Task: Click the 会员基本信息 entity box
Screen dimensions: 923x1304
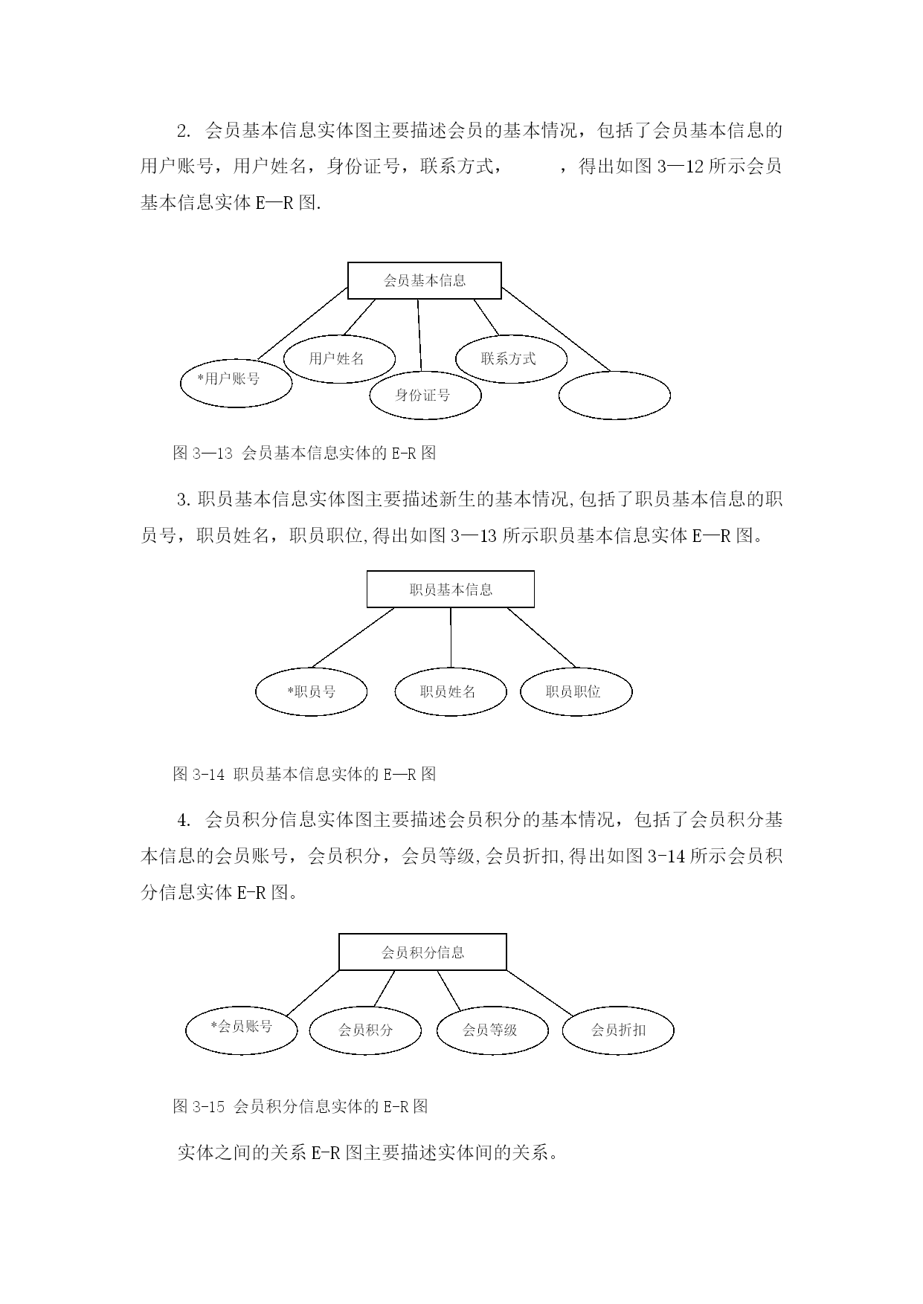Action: tap(425, 280)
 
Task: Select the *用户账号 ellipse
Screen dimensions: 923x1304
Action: tap(236, 383)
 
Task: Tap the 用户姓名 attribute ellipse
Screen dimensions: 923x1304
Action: tap(339, 359)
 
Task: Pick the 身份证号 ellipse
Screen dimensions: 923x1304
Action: tap(425, 395)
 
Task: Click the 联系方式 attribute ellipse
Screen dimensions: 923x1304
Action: tap(511, 359)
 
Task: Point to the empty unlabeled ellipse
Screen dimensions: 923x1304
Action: tap(614, 395)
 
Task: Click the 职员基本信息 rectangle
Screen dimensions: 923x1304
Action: tap(451, 590)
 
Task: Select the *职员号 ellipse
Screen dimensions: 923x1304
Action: tap(312, 692)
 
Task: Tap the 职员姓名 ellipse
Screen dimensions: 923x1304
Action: tap(450, 692)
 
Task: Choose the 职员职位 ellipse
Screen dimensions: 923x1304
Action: tap(576, 692)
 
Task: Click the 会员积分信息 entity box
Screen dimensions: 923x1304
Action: tap(422, 952)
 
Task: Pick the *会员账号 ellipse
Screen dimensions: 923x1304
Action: tap(242, 1029)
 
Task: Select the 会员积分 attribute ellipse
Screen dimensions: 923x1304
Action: tap(365, 1030)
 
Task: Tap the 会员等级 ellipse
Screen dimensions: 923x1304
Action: tap(492, 1030)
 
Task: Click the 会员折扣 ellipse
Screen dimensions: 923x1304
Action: tap(619, 1030)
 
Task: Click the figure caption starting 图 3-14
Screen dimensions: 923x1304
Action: tap(304, 774)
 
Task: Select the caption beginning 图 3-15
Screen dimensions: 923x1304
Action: tap(300, 1106)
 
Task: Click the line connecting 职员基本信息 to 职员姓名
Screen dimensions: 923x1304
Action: tap(451, 638)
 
